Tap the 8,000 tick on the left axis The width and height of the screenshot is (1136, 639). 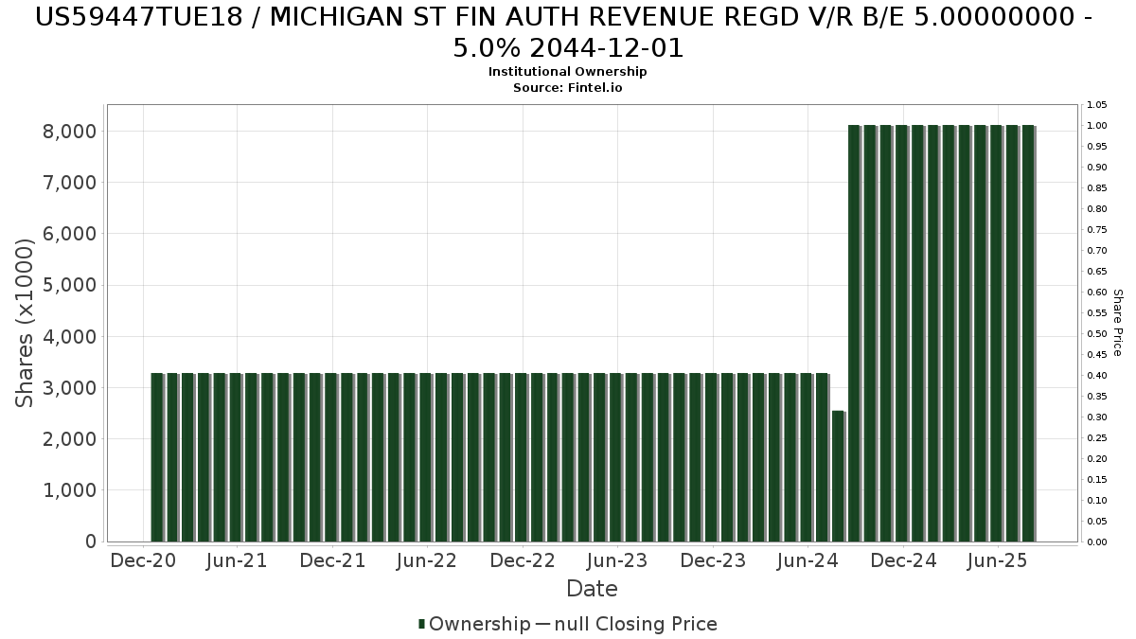click(x=70, y=132)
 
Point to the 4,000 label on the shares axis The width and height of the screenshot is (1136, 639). click(x=70, y=337)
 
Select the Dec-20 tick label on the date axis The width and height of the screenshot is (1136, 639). click(x=143, y=561)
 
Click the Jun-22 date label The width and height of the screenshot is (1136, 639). click(x=428, y=561)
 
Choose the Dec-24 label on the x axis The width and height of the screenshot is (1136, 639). click(x=903, y=561)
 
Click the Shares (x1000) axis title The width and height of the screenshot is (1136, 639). click(x=26, y=323)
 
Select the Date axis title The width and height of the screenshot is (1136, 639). click(x=592, y=590)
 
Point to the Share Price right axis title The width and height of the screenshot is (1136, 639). click(x=1117, y=323)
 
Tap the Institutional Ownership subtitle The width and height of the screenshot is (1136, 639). click(x=567, y=72)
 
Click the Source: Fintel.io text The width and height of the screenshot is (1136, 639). click(x=567, y=87)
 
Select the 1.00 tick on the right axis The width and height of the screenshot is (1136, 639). click(x=1097, y=126)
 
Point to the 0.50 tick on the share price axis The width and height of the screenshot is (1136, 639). click(x=1097, y=334)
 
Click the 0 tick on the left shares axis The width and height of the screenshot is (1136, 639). click(x=90, y=542)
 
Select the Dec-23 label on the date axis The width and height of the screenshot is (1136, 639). click(x=713, y=561)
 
